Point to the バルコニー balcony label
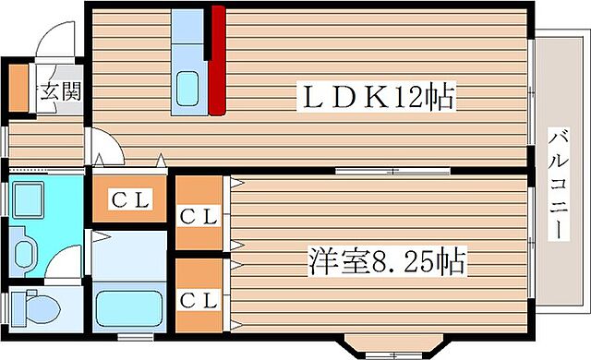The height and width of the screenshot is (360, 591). coord(558,185)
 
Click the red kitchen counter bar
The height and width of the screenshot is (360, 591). coord(217,60)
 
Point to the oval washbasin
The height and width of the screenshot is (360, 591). coord(25,250)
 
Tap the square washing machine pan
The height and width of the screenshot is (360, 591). coord(33,200)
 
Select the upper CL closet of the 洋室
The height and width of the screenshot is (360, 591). coord(199,216)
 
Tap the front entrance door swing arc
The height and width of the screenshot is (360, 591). coord(50,42)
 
